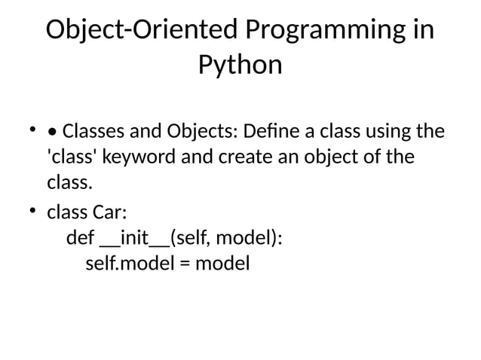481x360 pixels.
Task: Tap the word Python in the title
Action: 240,66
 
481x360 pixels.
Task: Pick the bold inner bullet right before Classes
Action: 52,133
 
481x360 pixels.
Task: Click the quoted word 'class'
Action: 72,158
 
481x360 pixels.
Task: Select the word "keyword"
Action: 139,158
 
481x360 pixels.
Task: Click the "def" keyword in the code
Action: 81,239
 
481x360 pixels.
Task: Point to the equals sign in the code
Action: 185,265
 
